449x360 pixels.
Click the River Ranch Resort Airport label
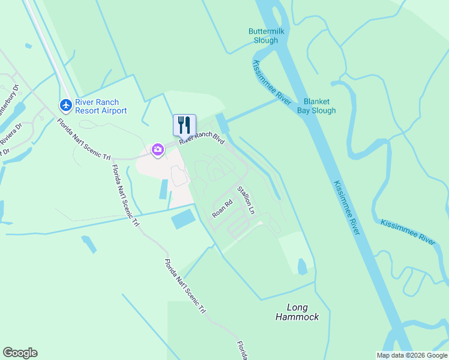pos(100,106)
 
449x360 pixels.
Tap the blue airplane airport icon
pos(66,106)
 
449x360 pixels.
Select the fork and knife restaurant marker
pos(184,125)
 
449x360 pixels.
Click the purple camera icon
pos(158,149)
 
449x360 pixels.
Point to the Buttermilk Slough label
pos(264,36)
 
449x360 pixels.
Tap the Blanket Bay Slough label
pos(319,106)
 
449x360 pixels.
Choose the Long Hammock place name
pos(297,312)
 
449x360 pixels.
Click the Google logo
pos(20,353)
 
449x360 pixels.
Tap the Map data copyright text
pos(412,355)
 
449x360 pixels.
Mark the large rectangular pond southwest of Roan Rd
pos(184,218)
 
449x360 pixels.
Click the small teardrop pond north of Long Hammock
pos(302,266)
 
